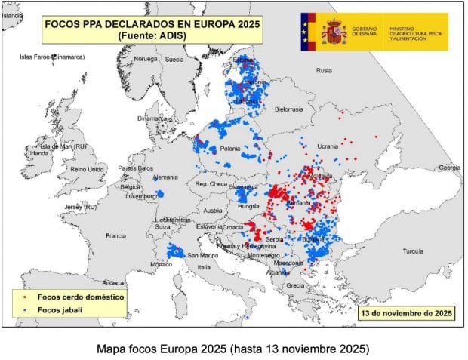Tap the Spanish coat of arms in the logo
click(x=332, y=31)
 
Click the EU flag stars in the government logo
click(x=306, y=31)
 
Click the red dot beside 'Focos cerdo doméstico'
click(x=26, y=297)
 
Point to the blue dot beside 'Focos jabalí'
click(x=26, y=310)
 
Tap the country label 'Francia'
click(x=115, y=235)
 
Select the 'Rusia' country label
click(x=324, y=70)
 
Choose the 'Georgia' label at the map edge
click(x=449, y=167)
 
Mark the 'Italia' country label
click(x=204, y=266)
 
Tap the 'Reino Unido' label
click(x=88, y=169)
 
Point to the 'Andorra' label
click(x=112, y=282)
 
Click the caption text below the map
click(x=233, y=349)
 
